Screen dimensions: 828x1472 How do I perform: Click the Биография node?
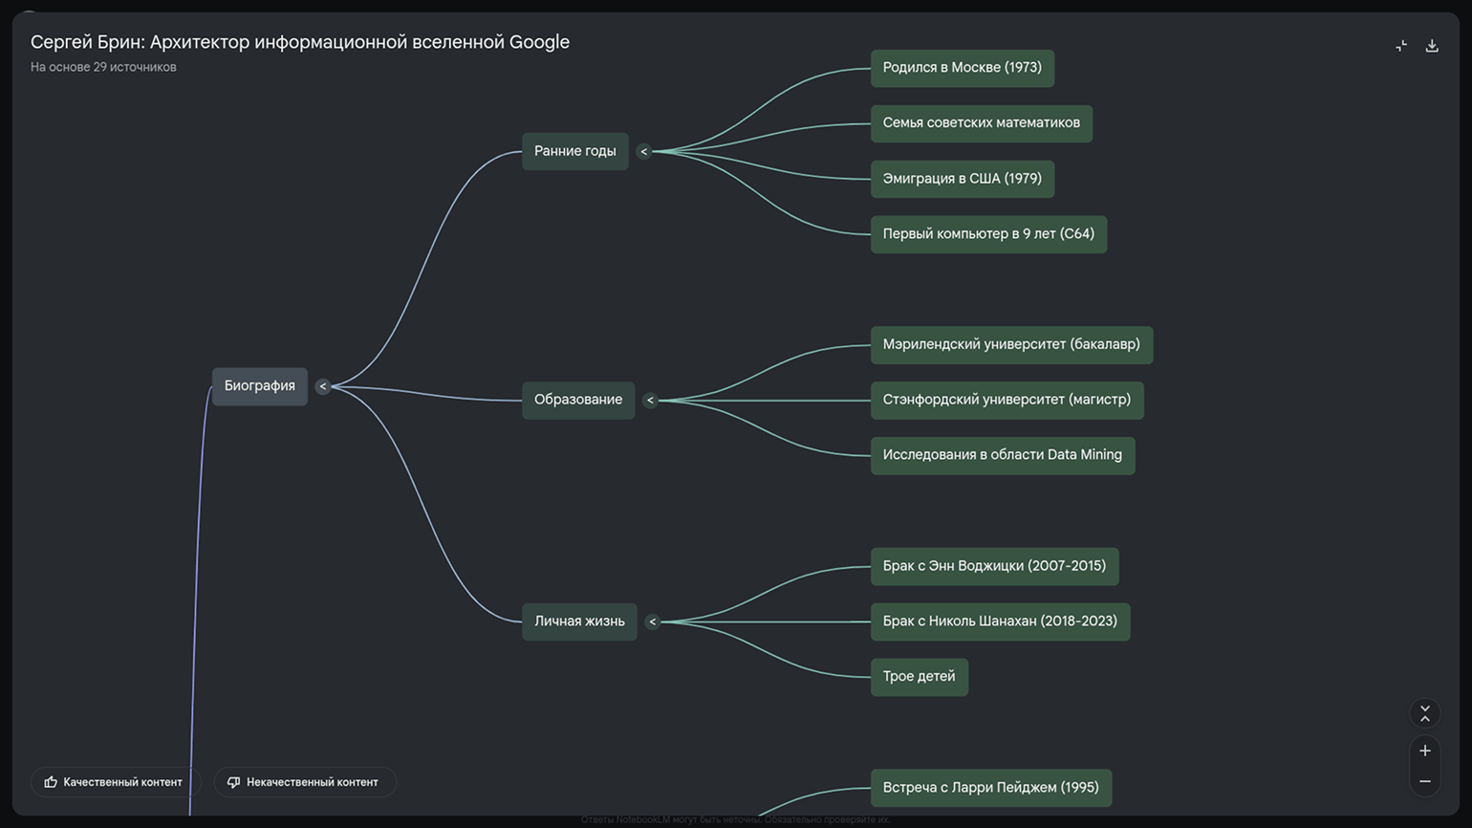point(259,386)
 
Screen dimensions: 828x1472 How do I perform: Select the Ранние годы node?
point(574,151)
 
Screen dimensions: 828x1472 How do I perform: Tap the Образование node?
point(577,400)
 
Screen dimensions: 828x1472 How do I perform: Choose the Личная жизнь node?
point(579,621)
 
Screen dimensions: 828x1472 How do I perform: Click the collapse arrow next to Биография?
point(323,386)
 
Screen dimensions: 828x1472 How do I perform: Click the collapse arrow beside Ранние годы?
point(644,151)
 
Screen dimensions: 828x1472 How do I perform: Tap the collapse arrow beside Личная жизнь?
point(653,621)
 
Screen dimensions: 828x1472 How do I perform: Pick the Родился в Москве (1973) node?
point(962,68)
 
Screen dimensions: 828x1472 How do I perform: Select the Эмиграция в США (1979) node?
point(962,179)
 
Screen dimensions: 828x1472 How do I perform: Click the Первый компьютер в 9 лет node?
point(987,234)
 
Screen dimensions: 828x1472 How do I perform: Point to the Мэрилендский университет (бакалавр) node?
point(1010,345)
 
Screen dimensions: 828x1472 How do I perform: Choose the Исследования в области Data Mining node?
point(1002,455)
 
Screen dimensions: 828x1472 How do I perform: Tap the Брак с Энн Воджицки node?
point(993,566)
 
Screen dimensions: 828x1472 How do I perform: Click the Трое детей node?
point(919,677)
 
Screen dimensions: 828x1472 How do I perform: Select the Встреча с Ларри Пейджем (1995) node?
point(990,788)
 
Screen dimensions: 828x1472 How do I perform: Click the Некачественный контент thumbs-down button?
point(304,782)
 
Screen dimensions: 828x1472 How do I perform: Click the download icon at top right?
point(1432,46)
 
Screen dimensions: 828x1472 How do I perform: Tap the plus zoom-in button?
point(1425,751)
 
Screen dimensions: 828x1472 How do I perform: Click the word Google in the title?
point(539,42)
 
